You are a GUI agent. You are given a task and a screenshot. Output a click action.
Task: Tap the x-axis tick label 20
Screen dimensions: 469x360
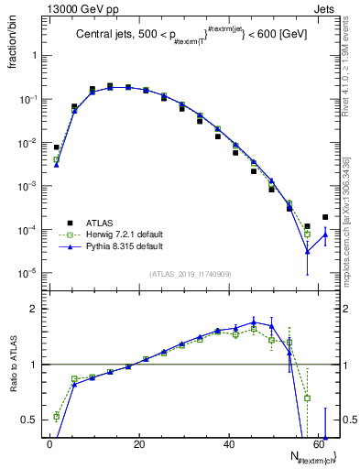point(138,443)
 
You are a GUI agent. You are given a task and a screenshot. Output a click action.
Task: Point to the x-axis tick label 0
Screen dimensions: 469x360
point(49,443)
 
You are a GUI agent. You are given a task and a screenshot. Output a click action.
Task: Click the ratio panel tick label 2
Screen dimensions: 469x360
point(34,309)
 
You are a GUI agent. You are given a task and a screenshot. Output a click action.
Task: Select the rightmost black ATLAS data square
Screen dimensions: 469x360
point(325,217)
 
